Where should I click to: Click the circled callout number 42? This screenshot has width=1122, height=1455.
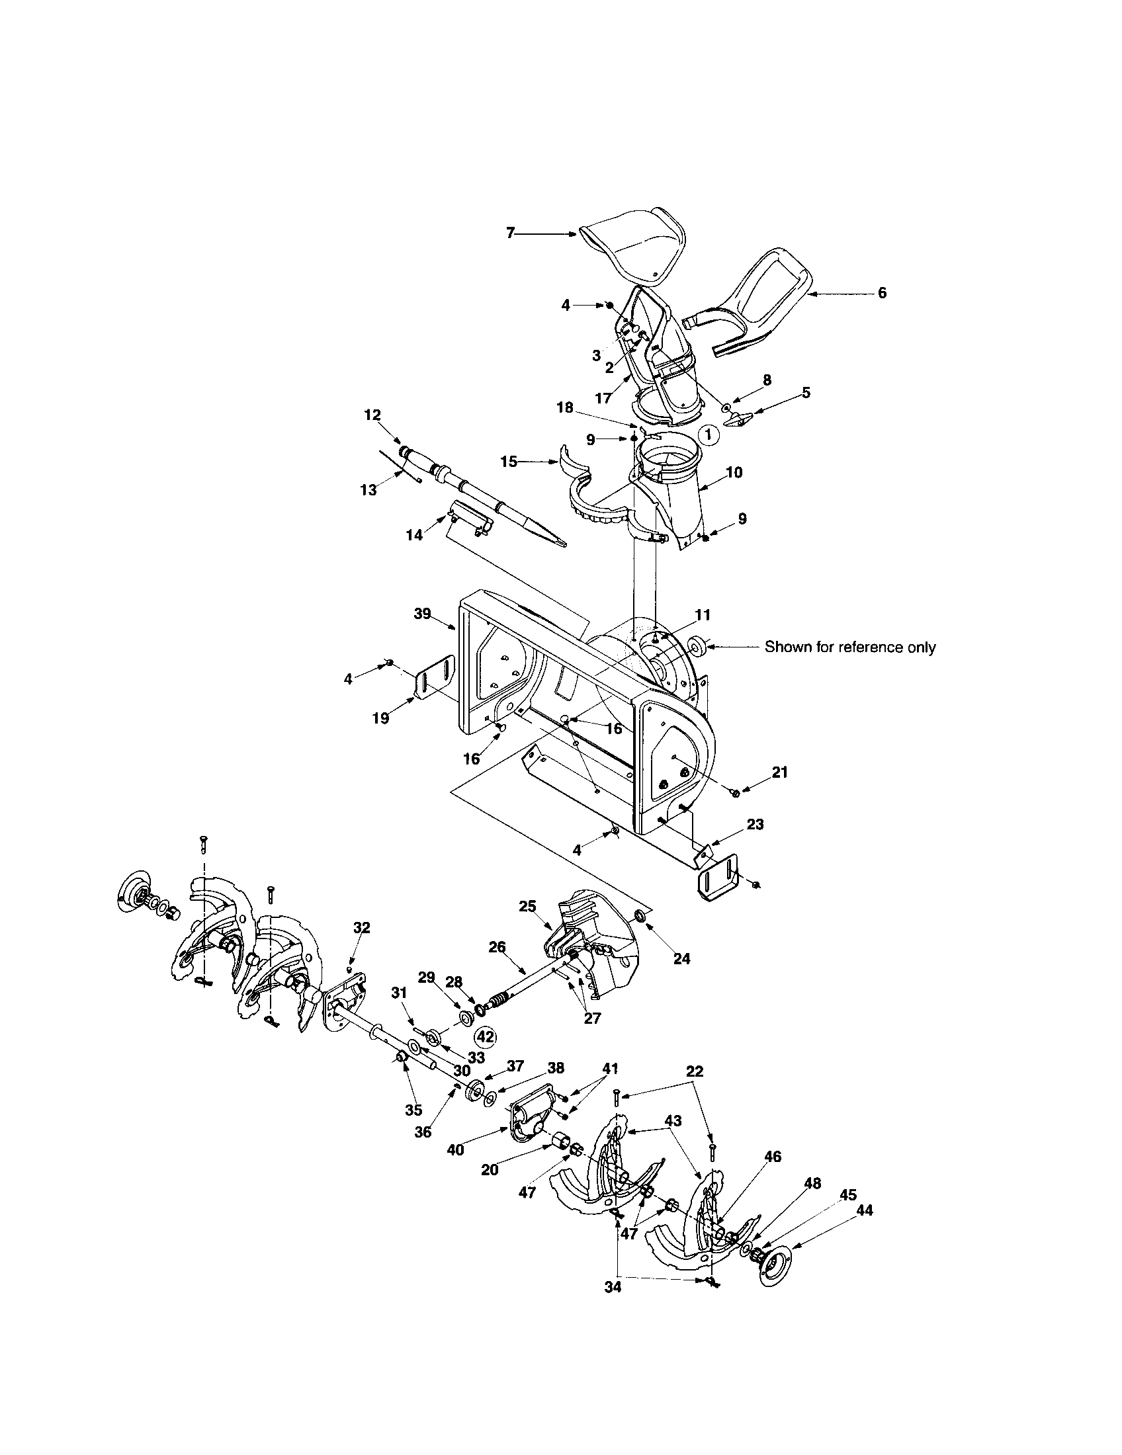pyautogui.click(x=485, y=1036)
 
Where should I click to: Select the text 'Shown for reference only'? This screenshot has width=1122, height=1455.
pyautogui.click(x=849, y=647)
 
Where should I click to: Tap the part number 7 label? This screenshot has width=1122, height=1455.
pyautogui.click(x=510, y=234)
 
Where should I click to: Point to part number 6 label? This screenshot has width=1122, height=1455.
pyautogui.click(x=881, y=293)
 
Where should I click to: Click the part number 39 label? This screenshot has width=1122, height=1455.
pyautogui.click(x=423, y=614)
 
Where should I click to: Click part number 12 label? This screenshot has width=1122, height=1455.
pyautogui.click(x=372, y=415)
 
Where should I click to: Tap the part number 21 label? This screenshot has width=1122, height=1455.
pyautogui.click(x=779, y=772)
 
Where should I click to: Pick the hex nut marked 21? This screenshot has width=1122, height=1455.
pyautogui.click(x=736, y=792)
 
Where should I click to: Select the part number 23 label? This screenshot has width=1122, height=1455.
pyautogui.click(x=755, y=824)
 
